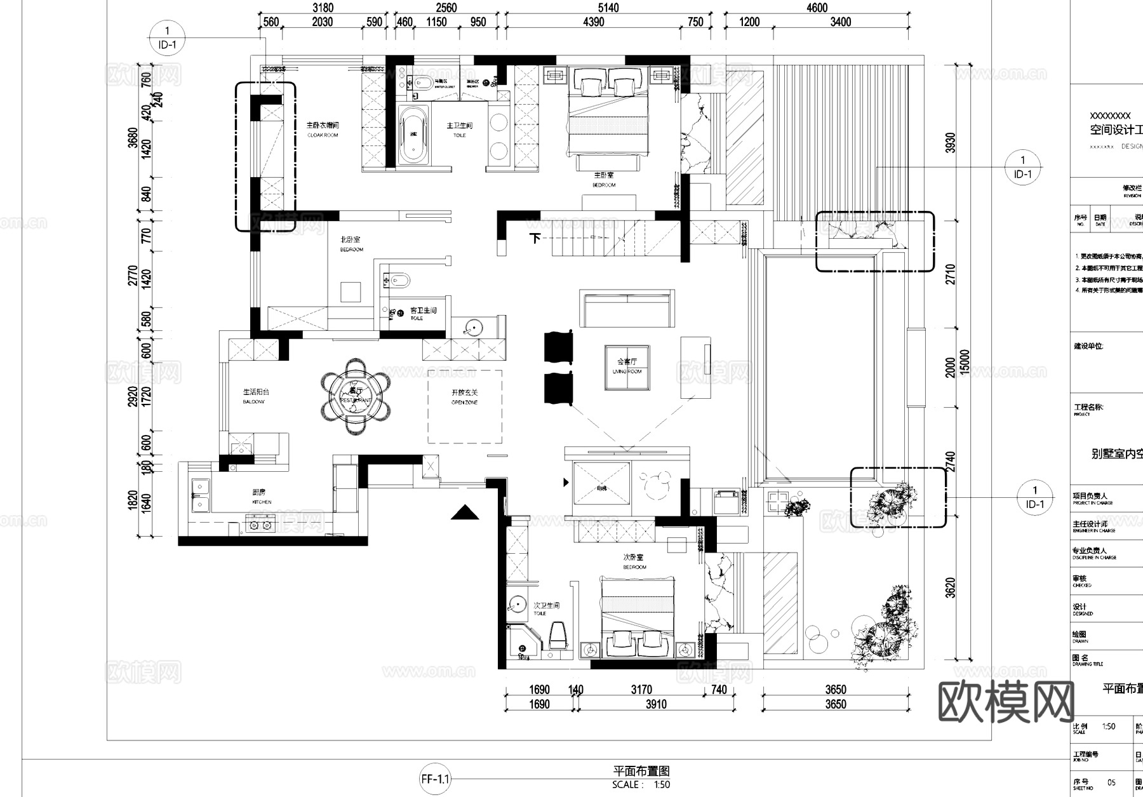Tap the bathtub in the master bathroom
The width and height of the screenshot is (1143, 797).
[413, 135]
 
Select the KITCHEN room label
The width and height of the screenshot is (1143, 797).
[261, 496]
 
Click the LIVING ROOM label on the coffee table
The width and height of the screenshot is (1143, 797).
[627, 366]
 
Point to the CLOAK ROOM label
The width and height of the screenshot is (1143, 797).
[323, 130]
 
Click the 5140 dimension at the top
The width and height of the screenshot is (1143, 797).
[608, 8]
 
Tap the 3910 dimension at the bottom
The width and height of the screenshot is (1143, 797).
[656, 704]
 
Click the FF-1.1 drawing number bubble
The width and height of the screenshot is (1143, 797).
[435, 779]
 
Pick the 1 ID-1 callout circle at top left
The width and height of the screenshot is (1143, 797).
[167, 37]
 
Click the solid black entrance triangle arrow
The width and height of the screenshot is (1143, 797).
[465, 512]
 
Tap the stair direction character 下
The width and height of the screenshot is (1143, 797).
[535, 238]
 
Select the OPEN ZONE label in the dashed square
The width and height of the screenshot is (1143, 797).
[464, 398]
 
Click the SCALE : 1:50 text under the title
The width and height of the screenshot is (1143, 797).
[641, 785]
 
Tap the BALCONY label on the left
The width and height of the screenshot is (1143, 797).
[255, 396]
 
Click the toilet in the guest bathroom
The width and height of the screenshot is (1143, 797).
[398, 280]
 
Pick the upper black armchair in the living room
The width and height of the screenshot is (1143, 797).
[558, 347]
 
